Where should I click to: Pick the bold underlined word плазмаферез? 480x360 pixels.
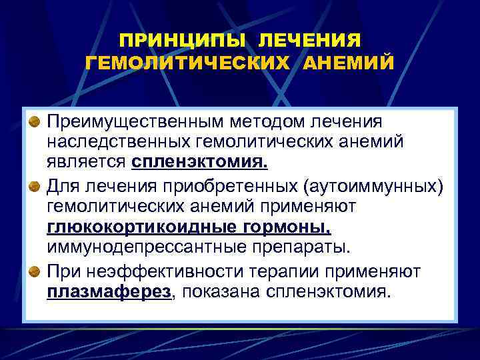tap(109, 291)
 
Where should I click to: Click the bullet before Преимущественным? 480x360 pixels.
tap(34, 123)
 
